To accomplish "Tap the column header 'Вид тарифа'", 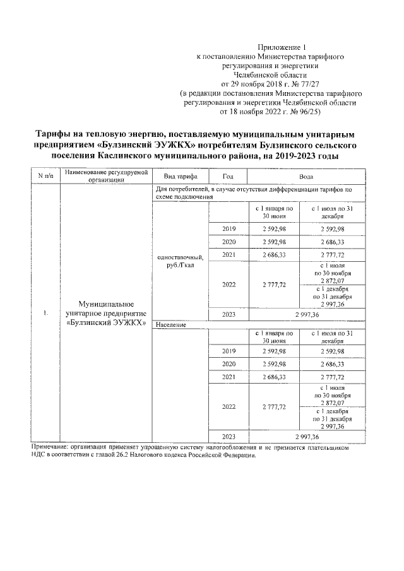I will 180,176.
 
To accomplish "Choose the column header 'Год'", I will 228,176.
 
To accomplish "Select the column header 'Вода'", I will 306,176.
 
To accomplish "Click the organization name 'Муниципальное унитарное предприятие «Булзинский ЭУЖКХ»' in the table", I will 105,313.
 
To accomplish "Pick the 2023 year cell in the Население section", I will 228,436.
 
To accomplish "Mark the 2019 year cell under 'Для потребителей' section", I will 228,228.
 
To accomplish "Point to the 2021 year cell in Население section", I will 228,376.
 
